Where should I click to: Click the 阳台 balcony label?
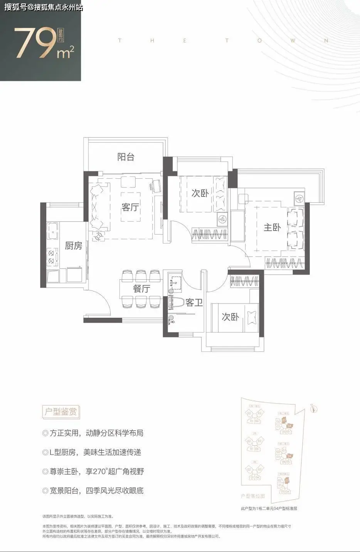126,157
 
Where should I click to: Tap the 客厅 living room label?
130,207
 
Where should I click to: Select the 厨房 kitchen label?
73,246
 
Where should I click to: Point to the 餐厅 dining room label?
141,289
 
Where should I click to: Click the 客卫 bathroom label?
194,303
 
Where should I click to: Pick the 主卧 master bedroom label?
272,228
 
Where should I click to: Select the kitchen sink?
52,231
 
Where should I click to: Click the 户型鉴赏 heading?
61,412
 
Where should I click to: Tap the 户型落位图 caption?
253,496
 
